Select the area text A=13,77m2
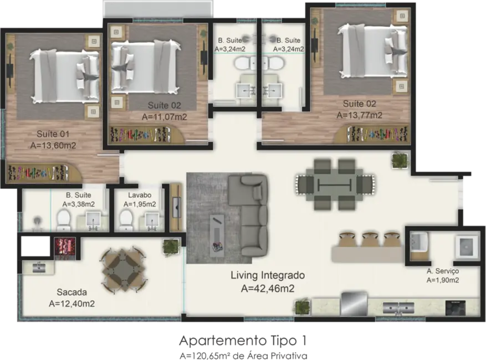point(359,115)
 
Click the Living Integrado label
point(268,275)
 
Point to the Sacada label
point(71,292)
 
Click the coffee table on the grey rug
point(217,233)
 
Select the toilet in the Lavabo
point(126,219)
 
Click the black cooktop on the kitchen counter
point(454,307)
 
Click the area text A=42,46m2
point(268,288)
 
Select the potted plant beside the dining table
point(399,161)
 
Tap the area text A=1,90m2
point(443,280)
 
